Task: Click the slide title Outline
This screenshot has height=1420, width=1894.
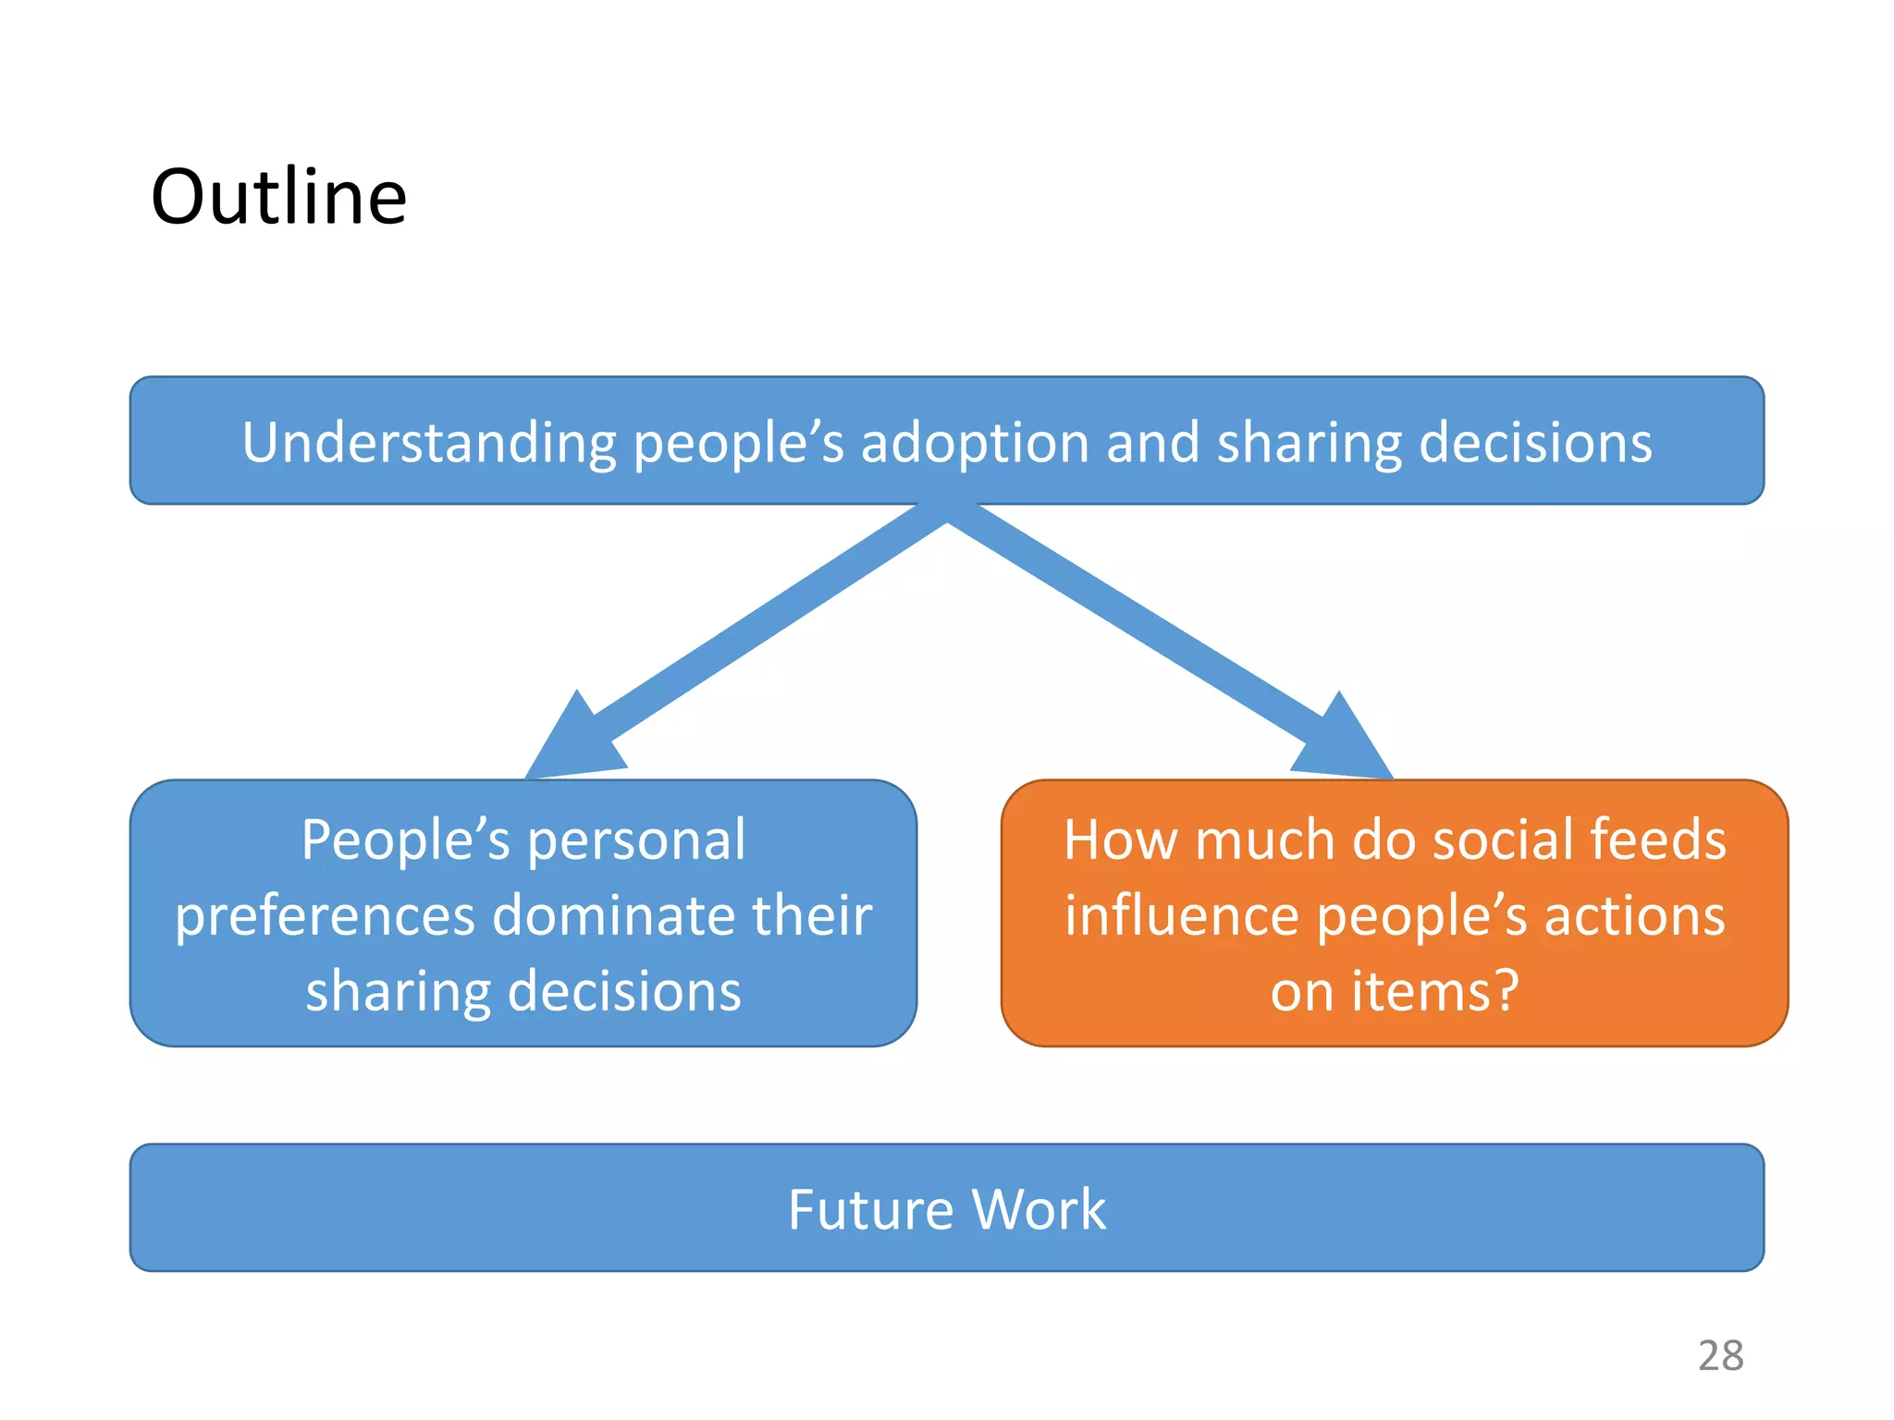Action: (x=278, y=197)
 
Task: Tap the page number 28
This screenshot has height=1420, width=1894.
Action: (x=1720, y=1356)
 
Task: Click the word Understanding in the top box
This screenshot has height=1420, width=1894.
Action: (x=428, y=442)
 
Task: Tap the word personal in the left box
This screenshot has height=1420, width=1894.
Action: (x=636, y=841)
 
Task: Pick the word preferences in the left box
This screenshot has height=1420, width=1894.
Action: (x=326, y=917)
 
